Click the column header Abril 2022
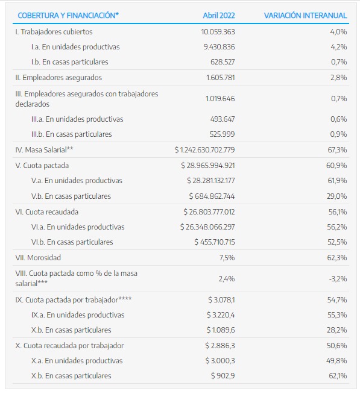coord(219,16)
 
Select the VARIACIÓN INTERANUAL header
coord(305,16)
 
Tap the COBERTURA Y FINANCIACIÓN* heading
coord(68,16)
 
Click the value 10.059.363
coord(218,32)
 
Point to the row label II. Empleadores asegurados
coord(58,78)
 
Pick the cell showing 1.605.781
coord(221,78)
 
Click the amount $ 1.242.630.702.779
coord(205,150)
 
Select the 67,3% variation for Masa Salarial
coord(337,150)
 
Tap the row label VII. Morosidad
coord(38,258)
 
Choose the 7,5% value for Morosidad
coord(227,258)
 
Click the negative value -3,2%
coord(338,279)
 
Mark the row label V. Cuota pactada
coord(42,166)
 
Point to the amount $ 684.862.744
coord(212,196)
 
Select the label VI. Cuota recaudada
coord(47,212)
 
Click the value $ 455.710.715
coord(215,242)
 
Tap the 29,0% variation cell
coord(337,196)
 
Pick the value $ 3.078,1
coord(222,300)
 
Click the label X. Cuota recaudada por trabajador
coord(69,346)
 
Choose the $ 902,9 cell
coord(223,376)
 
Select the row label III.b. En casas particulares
coord(71,134)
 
